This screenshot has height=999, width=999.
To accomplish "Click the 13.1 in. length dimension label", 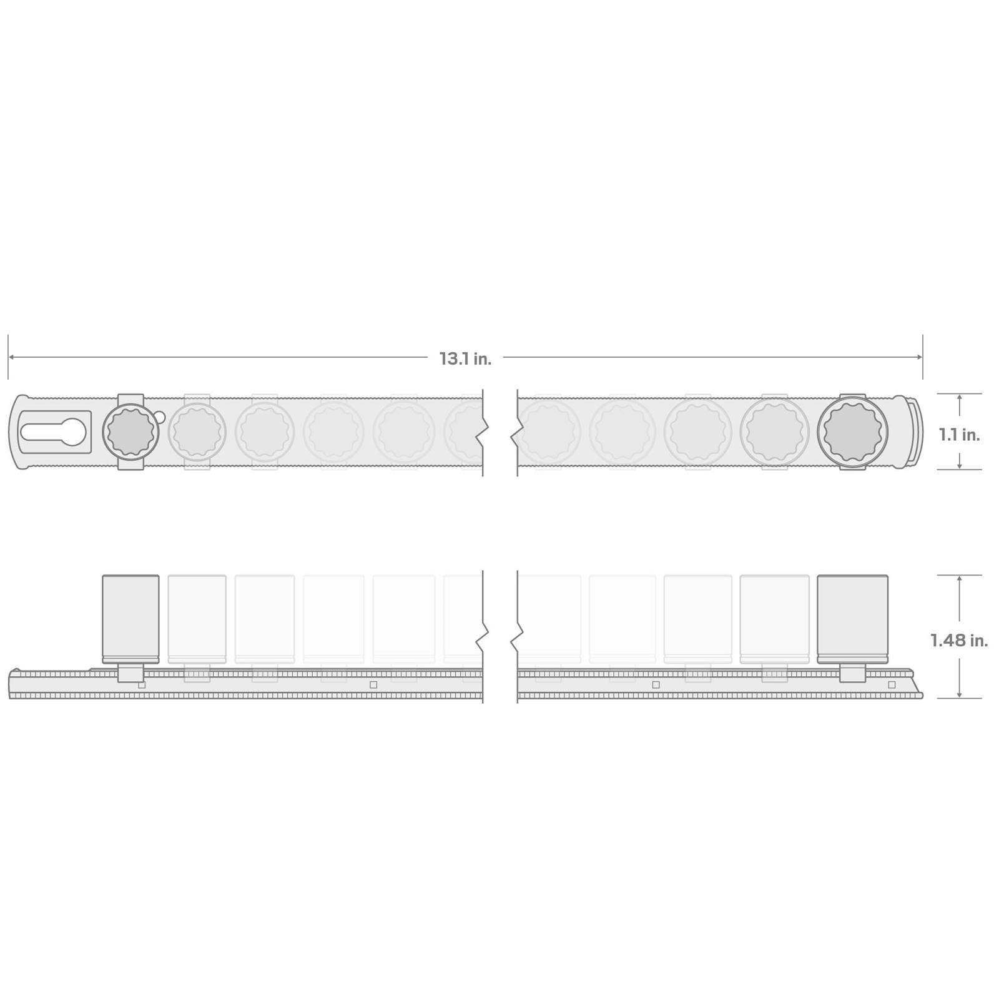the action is point(465,358).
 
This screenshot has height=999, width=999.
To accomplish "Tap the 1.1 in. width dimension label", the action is point(959,435).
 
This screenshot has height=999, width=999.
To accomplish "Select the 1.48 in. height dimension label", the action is point(959,640).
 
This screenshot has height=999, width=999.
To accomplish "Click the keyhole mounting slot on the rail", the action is point(55,431).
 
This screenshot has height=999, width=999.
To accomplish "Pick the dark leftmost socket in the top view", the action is point(130,431).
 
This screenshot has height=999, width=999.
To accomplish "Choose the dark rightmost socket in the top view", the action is point(853,431).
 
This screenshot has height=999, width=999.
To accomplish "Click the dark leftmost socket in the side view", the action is point(130,619).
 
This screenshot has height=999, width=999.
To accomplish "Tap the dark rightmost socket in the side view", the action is point(853,619).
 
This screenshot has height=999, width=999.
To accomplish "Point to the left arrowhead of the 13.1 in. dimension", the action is point(12,357).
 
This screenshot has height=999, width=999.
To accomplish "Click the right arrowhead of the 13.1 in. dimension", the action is point(919,357).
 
